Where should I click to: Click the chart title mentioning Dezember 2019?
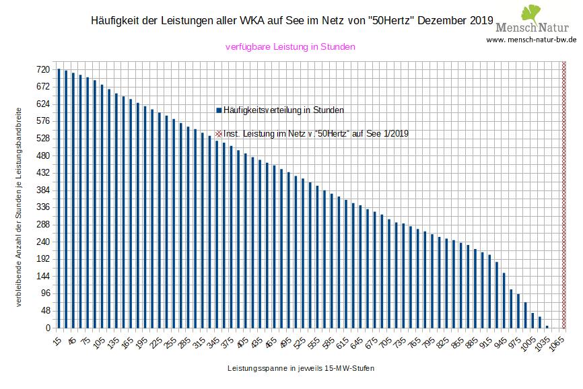point(291,21)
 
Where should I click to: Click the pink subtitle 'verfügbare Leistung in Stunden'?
point(289,47)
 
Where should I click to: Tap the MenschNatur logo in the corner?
point(536,20)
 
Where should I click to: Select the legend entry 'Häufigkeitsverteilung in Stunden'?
point(279,110)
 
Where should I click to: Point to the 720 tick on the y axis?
point(42,69)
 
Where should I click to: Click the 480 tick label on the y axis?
point(42,155)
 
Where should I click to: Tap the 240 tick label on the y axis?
point(42,242)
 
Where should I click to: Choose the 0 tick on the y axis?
point(47,328)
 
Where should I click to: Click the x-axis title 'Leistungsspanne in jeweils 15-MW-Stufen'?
point(300,369)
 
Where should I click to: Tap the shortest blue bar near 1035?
point(547,326)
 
